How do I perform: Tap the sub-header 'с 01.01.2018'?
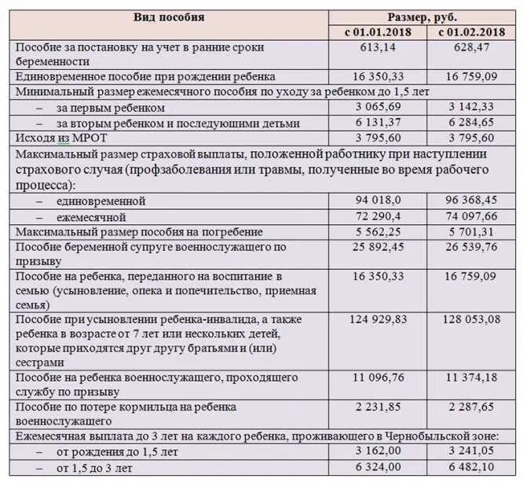point(377,32)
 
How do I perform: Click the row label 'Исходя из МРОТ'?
point(53,138)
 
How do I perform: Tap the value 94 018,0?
point(379,201)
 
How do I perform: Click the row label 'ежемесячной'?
point(91,216)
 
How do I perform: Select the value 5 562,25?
point(379,231)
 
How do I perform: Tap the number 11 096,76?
point(379,378)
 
